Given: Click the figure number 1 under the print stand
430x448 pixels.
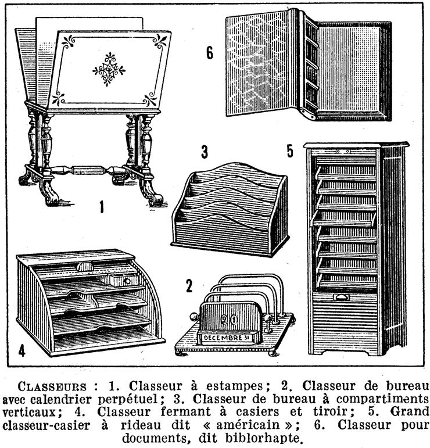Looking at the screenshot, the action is (x=102, y=207).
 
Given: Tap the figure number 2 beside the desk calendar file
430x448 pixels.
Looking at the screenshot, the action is (x=189, y=286).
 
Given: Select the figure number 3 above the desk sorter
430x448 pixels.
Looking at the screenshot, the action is (x=205, y=152).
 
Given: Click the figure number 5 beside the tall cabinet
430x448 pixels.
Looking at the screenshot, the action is (x=290, y=151).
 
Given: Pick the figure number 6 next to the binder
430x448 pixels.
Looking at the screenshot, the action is (x=210, y=53).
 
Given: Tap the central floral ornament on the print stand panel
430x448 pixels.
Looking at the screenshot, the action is (x=109, y=69).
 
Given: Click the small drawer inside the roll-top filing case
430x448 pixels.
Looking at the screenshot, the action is (x=124, y=280).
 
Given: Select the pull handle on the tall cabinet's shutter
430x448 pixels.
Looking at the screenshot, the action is (x=342, y=298).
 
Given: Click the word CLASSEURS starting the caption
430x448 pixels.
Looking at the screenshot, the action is (x=52, y=386).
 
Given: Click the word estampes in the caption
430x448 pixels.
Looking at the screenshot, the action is (x=234, y=386).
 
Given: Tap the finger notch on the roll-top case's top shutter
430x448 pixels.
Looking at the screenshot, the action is (x=85, y=267).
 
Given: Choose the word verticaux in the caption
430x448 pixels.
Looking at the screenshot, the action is (x=28, y=412).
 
